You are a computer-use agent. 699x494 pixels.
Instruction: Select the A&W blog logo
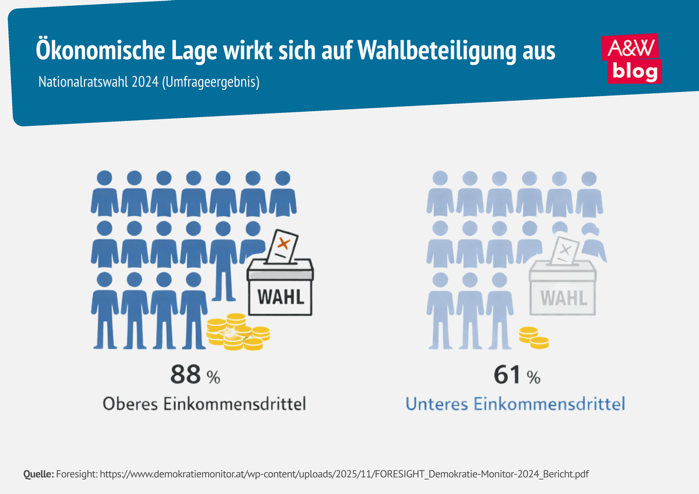point(633,58)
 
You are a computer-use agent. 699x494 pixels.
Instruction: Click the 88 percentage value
point(186,376)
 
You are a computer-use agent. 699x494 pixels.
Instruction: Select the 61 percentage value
point(507,376)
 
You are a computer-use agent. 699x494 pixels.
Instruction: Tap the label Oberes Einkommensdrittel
point(204,404)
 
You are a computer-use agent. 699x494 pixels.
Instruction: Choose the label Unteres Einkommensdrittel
point(515,404)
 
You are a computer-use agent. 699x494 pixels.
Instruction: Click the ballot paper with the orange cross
point(282,247)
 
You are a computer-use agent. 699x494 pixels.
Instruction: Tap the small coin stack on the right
point(534,337)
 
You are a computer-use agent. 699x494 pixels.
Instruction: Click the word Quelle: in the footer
point(38,474)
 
